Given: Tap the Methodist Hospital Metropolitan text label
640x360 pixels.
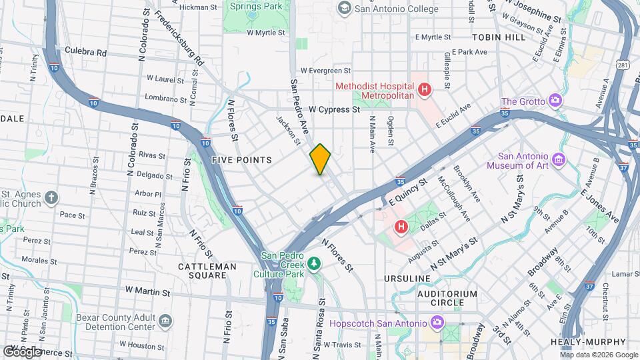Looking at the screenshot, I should [x=374, y=91].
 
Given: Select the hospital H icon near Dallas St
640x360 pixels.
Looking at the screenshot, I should [x=401, y=227].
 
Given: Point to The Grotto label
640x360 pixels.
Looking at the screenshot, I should [x=523, y=101].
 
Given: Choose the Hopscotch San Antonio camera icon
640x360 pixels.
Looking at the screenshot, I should [x=437, y=322].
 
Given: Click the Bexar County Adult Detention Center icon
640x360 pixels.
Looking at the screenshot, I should [x=165, y=323].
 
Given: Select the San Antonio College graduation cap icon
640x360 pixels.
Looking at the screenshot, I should [x=344, y=8].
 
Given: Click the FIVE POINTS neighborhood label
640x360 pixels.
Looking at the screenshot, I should [x=241, y=160].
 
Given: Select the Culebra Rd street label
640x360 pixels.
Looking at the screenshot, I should [x=85, y=51].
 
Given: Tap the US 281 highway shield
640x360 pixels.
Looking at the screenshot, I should [x=622, y=65].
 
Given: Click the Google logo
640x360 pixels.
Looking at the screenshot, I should [x=22, y=351].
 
